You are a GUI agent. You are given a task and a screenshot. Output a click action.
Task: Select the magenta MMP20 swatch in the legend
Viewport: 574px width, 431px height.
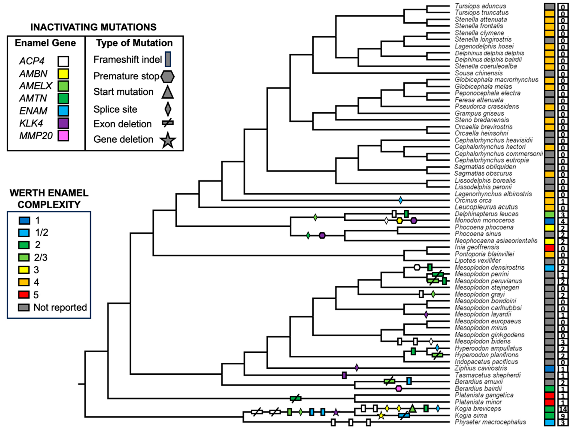click(x=63, y=136)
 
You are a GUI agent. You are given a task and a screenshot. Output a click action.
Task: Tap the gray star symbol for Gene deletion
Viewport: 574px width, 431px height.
click(x=168, y=140)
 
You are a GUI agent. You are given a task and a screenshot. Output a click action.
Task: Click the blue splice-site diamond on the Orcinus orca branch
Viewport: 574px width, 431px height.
click(x=400, y=200)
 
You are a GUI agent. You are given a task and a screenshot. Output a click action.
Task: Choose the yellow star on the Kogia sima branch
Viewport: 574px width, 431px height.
click(x=381, y=415)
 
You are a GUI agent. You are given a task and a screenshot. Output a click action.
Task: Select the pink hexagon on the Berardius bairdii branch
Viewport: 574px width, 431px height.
click(x=399, y=389)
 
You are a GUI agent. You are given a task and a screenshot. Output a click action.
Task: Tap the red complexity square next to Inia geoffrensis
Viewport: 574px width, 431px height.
click(x=549, y=248)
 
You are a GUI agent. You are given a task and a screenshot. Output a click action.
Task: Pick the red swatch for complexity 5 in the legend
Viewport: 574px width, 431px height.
click(x=24, y=295)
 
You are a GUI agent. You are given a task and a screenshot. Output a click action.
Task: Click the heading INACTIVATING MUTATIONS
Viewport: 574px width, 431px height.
click(x=93, y=27)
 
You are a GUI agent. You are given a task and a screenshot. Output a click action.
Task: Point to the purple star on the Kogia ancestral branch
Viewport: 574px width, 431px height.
click(x=336, y=412)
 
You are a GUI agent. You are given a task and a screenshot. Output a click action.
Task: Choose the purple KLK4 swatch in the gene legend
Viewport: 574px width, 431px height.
click(x=63, y=123)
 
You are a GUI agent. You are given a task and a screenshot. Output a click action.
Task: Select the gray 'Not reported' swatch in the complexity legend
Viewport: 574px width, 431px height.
click(x=24, y=307)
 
